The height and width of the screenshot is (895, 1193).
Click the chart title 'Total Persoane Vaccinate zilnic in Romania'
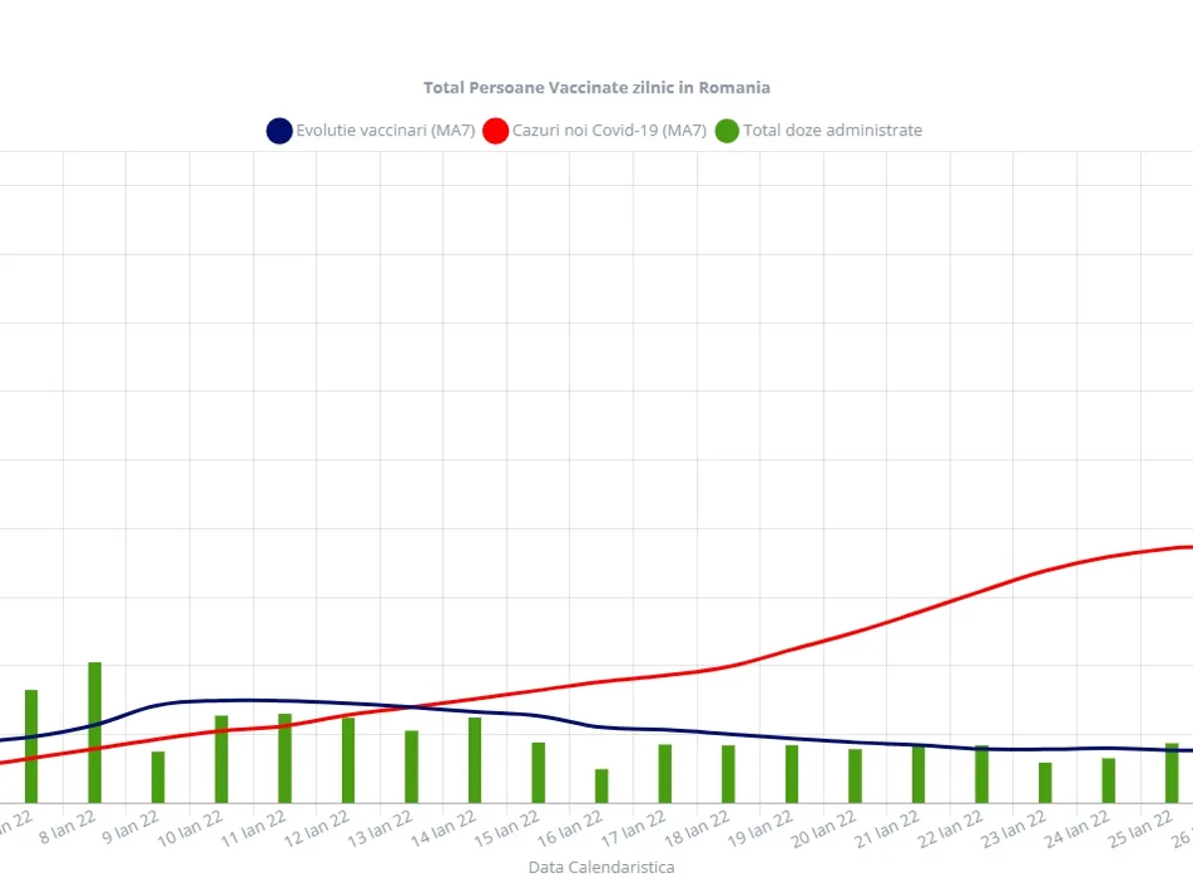click(x=596, y=88)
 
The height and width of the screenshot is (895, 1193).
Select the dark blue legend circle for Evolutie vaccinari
click(x=279, y=130)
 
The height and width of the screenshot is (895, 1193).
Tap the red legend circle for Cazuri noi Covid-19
click(x=495, y=130)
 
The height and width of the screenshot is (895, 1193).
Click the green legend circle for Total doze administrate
click(x=728, y=130)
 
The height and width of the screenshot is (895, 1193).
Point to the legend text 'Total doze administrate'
click(x=832, y=130)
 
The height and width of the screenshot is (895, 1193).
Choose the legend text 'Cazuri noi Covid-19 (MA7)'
click(x=608, y=130)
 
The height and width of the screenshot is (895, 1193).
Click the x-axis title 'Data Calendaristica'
click(x=600, y=867)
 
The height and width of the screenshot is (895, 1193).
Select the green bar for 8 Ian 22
click(x=94, y=732)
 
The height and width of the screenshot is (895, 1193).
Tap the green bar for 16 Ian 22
click(x=601, y=786)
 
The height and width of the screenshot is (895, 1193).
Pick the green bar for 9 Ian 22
click(x=158, y=777)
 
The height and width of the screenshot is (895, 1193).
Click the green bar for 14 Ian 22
click(x=474, y=760)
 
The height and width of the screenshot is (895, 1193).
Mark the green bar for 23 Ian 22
click(x=1045, y=783)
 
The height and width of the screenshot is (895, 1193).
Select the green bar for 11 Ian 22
click(x=284, y=758)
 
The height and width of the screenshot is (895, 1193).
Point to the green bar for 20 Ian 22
click(x=855, y=776)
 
